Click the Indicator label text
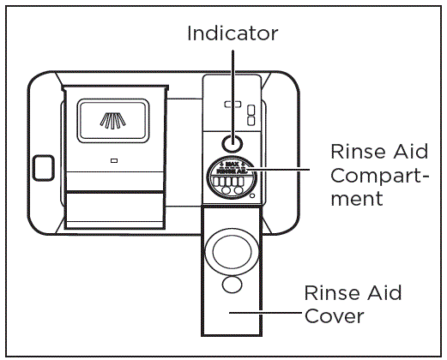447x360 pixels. [x=233, y=33]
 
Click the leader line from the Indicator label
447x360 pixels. [x=233, y=86]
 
